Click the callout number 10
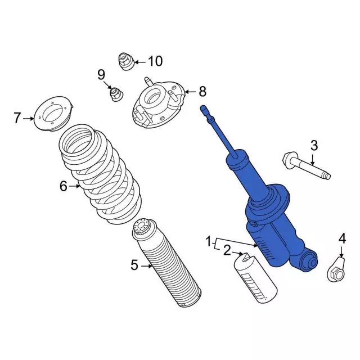coord(155,61)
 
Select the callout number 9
coord(101,74)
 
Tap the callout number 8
coord(202,91)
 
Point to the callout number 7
coord(17,118)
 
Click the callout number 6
coord(64,186)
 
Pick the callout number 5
coord(134,265)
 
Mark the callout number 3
coord(314,146)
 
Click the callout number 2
coord(227,250)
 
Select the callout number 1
coord(209,242)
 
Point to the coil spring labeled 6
coord(101,174)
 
